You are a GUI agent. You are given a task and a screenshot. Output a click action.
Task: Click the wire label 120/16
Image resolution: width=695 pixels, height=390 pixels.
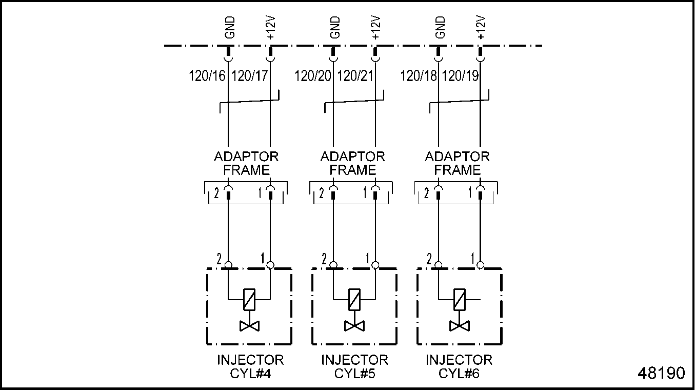(x=207, y=76)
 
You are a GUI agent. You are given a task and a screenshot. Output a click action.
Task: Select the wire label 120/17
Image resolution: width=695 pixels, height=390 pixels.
(x=250, y=76)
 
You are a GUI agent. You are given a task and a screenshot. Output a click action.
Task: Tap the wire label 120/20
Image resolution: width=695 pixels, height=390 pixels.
(x=313, y=76)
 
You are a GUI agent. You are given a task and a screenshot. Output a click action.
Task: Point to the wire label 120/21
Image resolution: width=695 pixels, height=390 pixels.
(x=355, y=76)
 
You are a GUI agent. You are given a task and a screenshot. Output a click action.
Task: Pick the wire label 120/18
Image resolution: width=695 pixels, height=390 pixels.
(x=419, y=76)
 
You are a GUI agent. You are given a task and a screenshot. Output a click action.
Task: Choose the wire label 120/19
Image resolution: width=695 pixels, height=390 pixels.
(x=460, y=76)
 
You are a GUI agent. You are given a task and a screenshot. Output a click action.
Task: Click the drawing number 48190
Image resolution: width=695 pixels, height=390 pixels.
(x=661, y=373)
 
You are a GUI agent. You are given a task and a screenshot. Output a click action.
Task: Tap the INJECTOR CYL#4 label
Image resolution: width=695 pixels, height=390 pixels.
(x=250, y=366)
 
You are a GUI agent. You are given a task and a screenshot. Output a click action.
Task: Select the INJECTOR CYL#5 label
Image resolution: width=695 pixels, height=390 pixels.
(x=354, y=366)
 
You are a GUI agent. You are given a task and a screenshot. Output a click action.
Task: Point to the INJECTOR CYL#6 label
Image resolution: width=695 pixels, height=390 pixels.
(x=459, y=366)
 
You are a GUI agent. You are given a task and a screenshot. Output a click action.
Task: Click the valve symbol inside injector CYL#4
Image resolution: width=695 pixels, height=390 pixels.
(x=250, y=326)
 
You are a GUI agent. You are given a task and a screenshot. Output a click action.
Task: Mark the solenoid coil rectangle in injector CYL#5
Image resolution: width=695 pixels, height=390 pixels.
(x=354, y=299)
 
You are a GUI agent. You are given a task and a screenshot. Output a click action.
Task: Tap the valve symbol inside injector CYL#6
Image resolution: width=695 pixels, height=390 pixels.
(x=459, y=326)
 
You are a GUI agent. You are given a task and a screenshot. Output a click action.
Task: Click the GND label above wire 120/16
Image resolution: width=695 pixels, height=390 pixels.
(x=229, y=28)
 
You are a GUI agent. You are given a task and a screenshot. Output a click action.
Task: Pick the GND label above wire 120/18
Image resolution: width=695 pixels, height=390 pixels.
(x=440, y=28)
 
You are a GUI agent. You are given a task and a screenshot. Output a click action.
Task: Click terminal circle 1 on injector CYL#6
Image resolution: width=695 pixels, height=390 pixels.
(x=480, y=265)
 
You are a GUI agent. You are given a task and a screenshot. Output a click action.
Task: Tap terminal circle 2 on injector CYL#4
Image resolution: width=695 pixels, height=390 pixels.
(x=228, y=265)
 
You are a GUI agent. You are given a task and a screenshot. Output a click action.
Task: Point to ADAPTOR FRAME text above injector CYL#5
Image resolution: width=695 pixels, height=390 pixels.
(x=353, y=163)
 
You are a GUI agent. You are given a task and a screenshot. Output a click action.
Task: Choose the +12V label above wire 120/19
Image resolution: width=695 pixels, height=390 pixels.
(x=481, y=28)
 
